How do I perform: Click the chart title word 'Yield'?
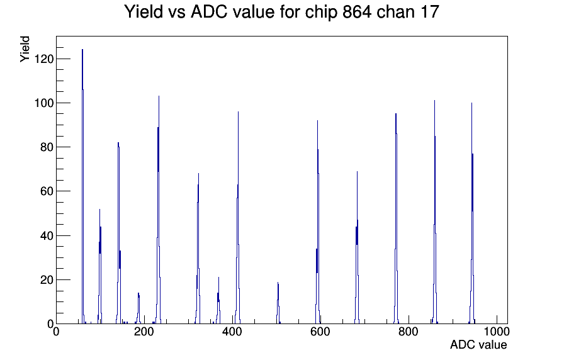tap(144, 11)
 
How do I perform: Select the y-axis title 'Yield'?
tap(25, 49)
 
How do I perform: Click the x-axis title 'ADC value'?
tap(478, 344)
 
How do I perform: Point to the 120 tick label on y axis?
tap(43, 59)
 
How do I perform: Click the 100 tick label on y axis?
tap(43, 103)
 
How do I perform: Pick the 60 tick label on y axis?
tap(47, 191)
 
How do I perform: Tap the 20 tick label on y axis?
tap(47, 280)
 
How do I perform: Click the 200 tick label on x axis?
tap(144, 332)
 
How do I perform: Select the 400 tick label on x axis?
tap(232, 332)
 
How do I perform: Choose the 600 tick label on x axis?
tap(320, 332)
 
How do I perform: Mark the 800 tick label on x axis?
tap(409, 332)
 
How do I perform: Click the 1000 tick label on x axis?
tap(497, 332)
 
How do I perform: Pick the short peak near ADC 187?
tap(138, 308)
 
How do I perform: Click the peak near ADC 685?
tap(357, 247)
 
